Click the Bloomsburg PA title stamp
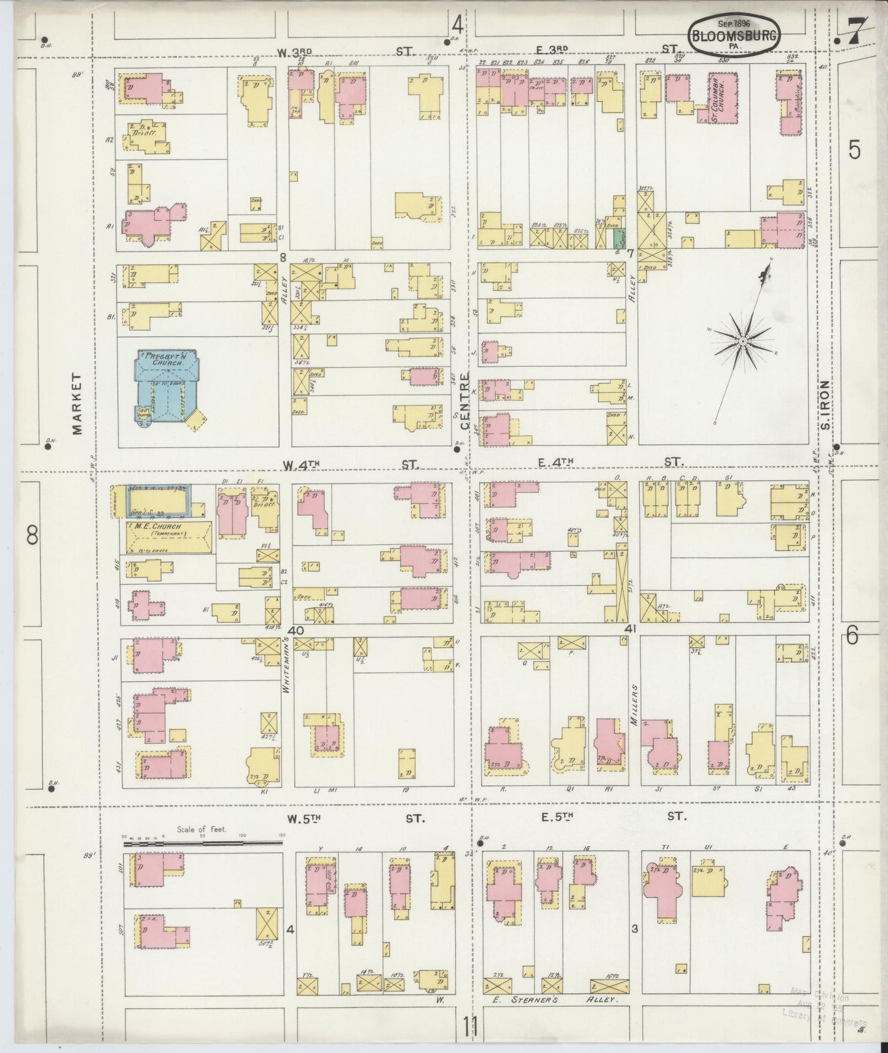tap(733, 36)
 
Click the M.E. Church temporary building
tap(169, 536)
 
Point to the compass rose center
tap(742, 340)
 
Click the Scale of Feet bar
tap(203, 844)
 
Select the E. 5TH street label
tap(557, 817)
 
